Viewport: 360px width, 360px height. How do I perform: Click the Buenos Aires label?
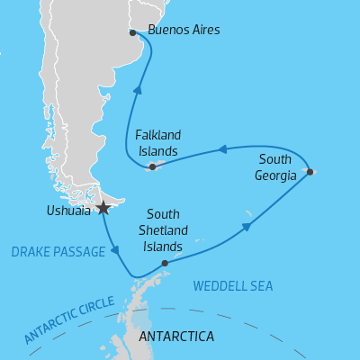click(x=184, y=31)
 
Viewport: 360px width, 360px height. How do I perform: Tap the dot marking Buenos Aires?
click(x=132, y=32)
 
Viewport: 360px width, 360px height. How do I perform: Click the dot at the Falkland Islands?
click(x=152, y=166)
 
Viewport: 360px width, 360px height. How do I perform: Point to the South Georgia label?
click(x=275, y=167)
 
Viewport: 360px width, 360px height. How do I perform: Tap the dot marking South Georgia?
click(x=310, y=171)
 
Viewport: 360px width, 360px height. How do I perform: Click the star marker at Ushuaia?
click(x=103, y=208)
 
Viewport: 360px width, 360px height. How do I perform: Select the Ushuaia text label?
click(x=67, y=211)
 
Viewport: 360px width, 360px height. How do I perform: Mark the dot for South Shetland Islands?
click(x=164, y=264)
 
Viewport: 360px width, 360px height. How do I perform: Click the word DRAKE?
click(x=30, y=253)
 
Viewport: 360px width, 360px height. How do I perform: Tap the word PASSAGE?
click(x=79, y=253)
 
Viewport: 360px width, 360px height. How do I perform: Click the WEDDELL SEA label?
click(x=233, y=286)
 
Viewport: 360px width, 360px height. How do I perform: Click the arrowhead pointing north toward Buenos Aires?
click(x=139, y=90)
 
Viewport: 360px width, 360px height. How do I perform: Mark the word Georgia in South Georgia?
click(x=275, y=175)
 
